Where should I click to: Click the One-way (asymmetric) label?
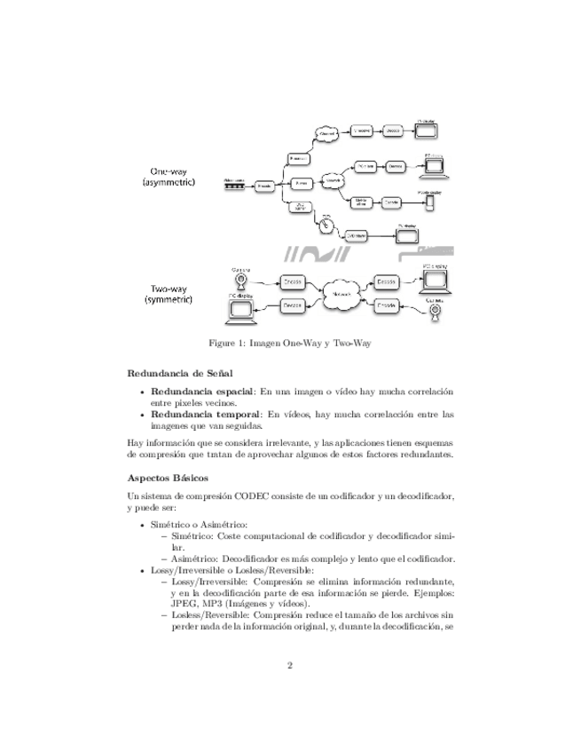[x=174, y=176]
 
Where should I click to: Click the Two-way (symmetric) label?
[x=174, y=294]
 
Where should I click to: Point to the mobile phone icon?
[x=430, y=203]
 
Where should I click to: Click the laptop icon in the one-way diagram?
[x=436, y=166]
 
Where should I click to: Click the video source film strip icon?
[x=233, y=186]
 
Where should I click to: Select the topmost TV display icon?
[x=428, y=130]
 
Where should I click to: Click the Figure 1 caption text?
[x=289, y=343]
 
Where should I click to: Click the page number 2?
[x=290, y=665]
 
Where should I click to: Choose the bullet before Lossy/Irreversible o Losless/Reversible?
[x=144, y=568]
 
